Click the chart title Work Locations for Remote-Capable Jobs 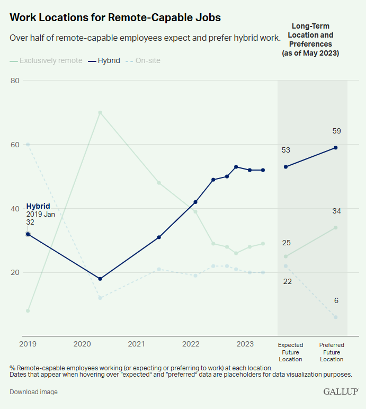(x=115, y=17)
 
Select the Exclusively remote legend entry (x=46, y=60)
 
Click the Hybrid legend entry (x=105, y=60)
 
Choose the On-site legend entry (x=143, y=60)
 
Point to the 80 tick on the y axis (x=15, y=81)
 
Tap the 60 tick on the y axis (x=15, y=145)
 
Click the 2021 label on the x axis (x=136, y=344)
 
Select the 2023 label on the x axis (x=245, y=344)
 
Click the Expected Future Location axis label (x=290, y=352)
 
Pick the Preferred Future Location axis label (x=332, y=352)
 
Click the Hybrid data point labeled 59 (x=336, y=148)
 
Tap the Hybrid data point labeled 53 (x=286, y=167)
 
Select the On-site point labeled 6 (x=336, y=317)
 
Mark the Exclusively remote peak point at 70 (x=100, y=112)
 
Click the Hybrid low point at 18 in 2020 (x=100, y=279)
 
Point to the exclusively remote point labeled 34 (x=336, y=228)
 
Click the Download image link (x=33, y=392)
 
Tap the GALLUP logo (x=341, y=392)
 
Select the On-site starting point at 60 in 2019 (x=28, y=145)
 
